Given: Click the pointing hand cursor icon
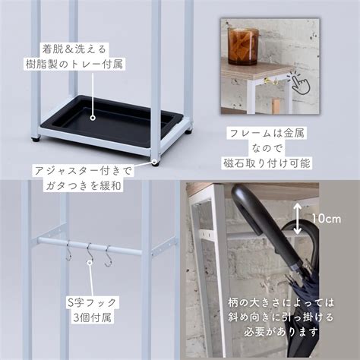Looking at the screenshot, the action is pyautogui.click(x=299, y=82).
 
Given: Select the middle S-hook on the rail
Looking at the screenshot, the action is pyautogui.click(x=90, y=252).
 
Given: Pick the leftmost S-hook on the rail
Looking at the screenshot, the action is pyautogui.click(x=68, y=251).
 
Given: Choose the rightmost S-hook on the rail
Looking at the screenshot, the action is pyautogui.click(x=108, y=256).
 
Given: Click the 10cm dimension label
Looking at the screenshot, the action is pyautogui.click(x=326, y=219).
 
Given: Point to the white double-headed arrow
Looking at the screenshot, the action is pyautogui.click(x=298, y=219).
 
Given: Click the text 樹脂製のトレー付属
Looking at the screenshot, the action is pyautogui.click(x=74, y=64).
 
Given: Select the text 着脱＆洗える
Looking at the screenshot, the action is pyautogui.click(x=74, y=49).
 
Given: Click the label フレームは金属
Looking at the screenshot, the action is pyautogui.click(x=267, y=133).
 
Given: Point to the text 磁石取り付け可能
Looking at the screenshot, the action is pyautogui.click(x=267, y=163).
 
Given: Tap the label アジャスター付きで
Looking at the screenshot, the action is pyautogui.click(x=84, y=171).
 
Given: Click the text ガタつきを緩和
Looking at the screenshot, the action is pyautogui.click(x=83, y=186).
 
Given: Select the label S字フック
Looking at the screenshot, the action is pyautogui.click(x=92, y=302).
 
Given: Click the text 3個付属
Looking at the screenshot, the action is pyautogui.click(x=92, y=317).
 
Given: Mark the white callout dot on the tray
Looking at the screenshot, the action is pyautogui.click(x=93, y=118).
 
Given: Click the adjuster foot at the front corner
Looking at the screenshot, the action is pyautogui.click(x=155, y=163).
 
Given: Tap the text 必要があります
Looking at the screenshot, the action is pyautogui.click(x=281, y=332).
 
